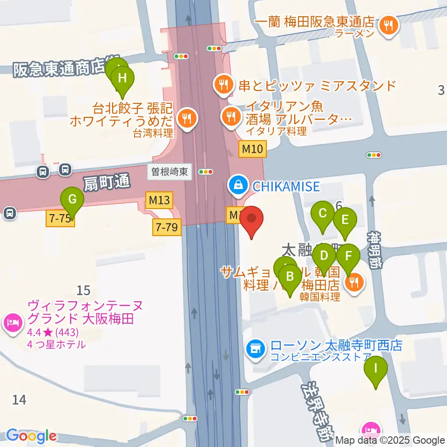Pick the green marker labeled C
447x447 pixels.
click(322, 214)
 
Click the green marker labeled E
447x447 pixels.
click(345, 220)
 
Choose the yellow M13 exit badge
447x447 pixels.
click(158, 200)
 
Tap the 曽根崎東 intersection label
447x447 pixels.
click(169, 172)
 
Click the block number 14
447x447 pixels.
click(19, 400)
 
